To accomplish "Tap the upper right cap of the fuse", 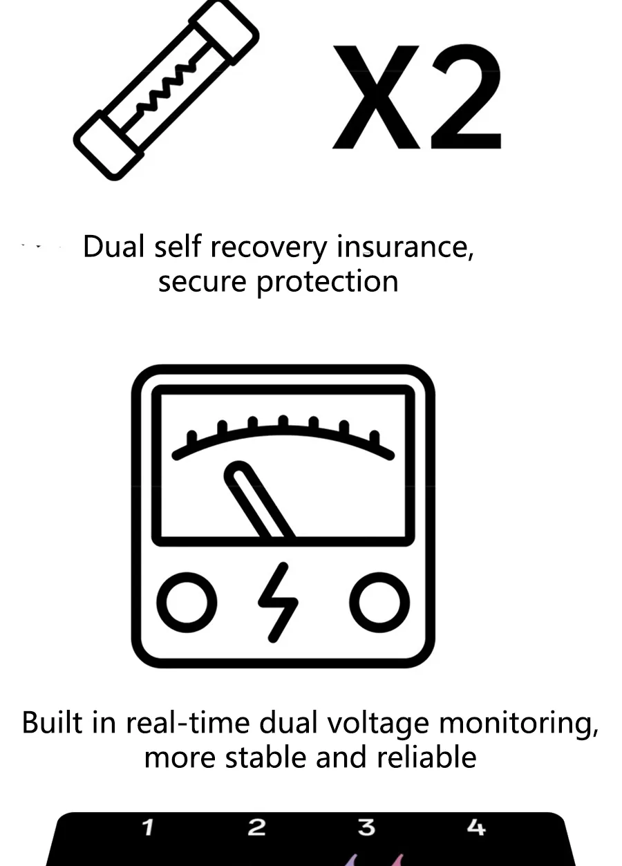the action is [x=224, y=33].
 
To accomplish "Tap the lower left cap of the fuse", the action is [x=109, y=146].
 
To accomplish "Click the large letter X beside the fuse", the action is [x=376, y=97].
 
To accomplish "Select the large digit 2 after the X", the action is [x=466, y=97].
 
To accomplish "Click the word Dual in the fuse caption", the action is [x=113, y=246].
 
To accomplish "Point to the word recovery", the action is [x=269, y=248].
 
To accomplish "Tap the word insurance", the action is [x=405, y=247].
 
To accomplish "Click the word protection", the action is [x=328, y=283].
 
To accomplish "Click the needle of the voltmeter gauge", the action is [x=260, y=499].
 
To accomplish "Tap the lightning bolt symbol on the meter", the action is [x=279, y=603].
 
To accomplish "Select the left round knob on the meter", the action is [x=187, y=603].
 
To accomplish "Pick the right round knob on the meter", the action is [x=379, y=603].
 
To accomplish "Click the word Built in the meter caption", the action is [x=53, y=722].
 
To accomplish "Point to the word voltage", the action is [x=379, y=724].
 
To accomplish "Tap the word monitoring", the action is [x=519, y=724].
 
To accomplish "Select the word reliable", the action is [x=426, y=757].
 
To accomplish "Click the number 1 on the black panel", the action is [x=148, y=828].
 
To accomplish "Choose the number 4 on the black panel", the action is [x=476, y=828].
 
